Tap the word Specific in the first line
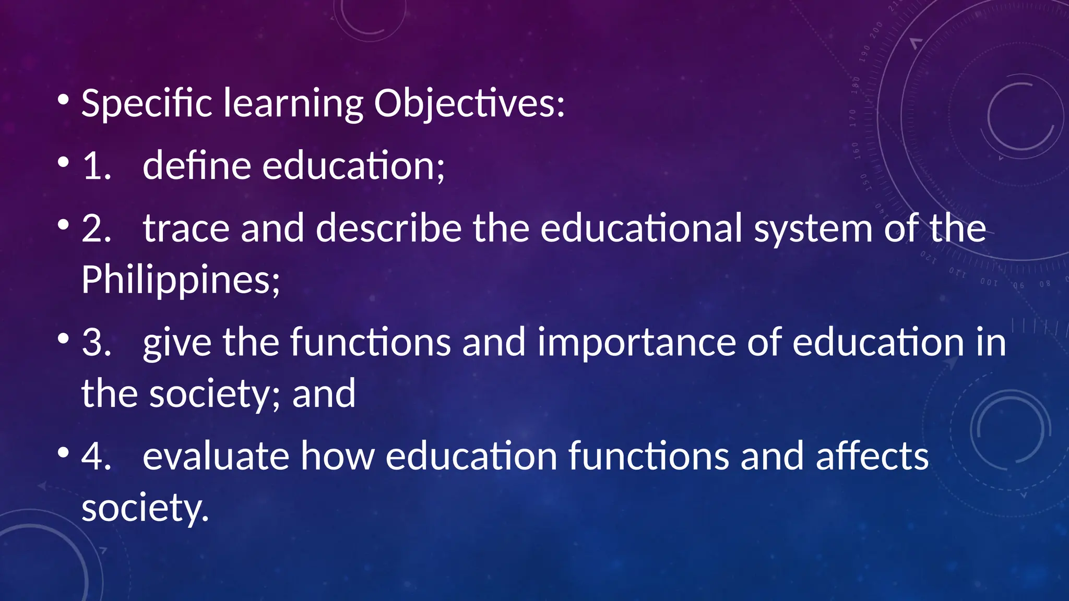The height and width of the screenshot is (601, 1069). pyautogui.click(x=147, y=103)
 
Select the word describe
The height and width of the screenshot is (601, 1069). pyautogui.click(x=389, y=229)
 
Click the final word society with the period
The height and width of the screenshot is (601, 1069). pyautogui.click(x=145, y=508)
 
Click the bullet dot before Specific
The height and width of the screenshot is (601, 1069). pyautogui.click(x=63, y=99)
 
